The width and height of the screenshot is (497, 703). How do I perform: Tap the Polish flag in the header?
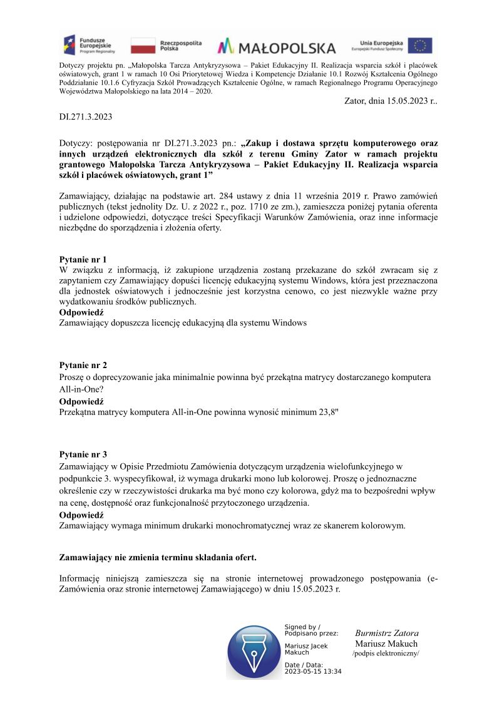tap(143, 46)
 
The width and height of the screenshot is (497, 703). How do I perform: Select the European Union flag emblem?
tap(420, 46)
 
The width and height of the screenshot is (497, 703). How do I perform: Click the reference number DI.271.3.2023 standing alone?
tap(86, 116)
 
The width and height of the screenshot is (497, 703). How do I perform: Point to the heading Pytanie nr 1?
tap(83, 259)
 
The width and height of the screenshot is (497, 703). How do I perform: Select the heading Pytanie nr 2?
tap(83, 364)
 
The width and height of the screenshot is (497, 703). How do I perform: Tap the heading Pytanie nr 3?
tap(83, 454)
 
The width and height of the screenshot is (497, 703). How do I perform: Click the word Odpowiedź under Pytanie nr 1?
tap(81, 312)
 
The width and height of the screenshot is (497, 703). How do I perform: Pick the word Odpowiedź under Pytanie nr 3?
tap(81, 515)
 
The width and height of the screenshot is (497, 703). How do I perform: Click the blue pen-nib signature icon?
tap(254, 651)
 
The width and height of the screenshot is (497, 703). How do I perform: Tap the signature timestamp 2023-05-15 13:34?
tap(313, 671)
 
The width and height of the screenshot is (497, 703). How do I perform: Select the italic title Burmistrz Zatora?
tap(386, 633)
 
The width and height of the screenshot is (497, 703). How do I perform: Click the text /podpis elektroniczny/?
tap(386, 654)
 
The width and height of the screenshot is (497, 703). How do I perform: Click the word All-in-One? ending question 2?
tap(81, 388)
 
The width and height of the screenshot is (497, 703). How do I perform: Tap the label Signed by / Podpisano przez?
tap(311, 630)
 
